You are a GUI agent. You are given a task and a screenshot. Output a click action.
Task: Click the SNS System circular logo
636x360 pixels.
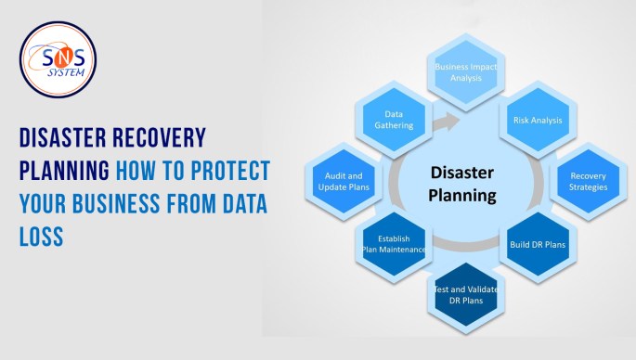coord(58,58)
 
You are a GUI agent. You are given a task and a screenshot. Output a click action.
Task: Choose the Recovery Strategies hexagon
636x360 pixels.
coord(588,181)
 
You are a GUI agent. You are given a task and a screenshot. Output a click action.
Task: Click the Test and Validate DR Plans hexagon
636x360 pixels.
coord(465,296)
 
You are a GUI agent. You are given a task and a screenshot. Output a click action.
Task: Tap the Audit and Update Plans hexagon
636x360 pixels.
coord(343,181)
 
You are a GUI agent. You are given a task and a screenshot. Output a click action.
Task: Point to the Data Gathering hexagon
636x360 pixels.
coord(393,120)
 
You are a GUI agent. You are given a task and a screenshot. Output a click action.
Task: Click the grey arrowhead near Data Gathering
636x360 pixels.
coord(450,121)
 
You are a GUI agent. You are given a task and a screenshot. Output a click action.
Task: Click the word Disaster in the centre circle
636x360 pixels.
coord(462,172)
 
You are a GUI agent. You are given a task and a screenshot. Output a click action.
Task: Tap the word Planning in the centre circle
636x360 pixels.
coord(462,195)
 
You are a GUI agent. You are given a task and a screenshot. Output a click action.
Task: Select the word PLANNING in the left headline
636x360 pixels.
coord(64,172)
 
